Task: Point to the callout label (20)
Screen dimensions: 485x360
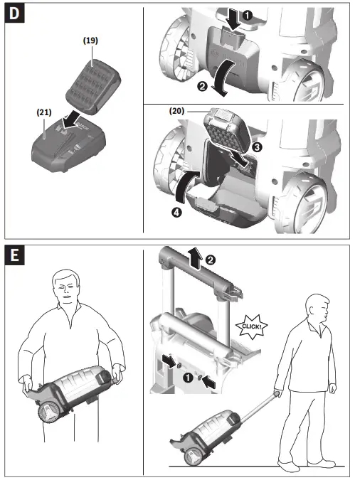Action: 179,112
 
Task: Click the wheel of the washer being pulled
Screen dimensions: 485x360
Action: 194,457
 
